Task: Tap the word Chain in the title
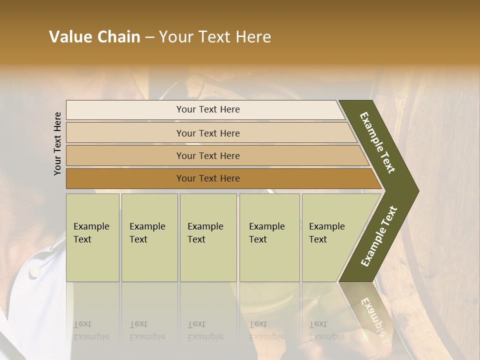(119, 37)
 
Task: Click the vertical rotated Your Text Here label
(57, 143)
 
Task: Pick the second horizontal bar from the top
(207, 133)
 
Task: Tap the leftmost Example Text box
(92, 237)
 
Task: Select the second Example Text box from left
(149, 237)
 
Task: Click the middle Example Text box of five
(208, 237)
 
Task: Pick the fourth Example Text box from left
(269, 237)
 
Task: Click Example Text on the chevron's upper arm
(377, 142)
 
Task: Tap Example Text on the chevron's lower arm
(378, 236)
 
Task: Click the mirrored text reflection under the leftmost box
(91, 330)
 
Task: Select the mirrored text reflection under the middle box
(205, 330)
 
